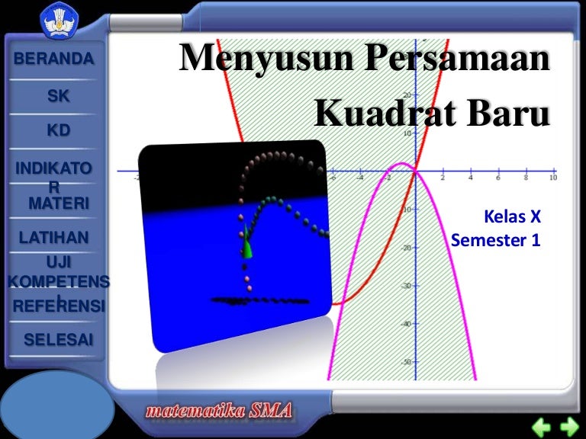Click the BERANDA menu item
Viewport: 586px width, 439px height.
click(x=53, y=59)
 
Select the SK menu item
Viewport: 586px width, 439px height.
click(x=58, y=96)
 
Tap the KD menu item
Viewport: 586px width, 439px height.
click(x=59, y=130)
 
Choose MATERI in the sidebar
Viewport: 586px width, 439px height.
click(x=59, y=203)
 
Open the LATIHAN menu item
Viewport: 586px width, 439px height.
click(x=54, y=238)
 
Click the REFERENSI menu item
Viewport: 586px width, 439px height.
click(x=59, y=306)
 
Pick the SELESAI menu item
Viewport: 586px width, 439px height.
click(x=59, y=340)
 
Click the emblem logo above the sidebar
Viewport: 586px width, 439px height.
click(x=60, y=19)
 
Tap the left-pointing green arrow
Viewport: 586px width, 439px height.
click(x=541, y=426)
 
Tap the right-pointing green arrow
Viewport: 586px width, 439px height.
click(x=569, y=426)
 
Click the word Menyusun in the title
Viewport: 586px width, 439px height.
click(x=266, y=58)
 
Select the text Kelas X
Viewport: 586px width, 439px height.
click(x=512, y=216)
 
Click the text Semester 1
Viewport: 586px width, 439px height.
click(x=495, y=239)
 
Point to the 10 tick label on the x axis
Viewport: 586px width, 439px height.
click(x=553, y=178)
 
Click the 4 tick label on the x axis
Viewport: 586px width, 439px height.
click(x=471, y=178)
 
